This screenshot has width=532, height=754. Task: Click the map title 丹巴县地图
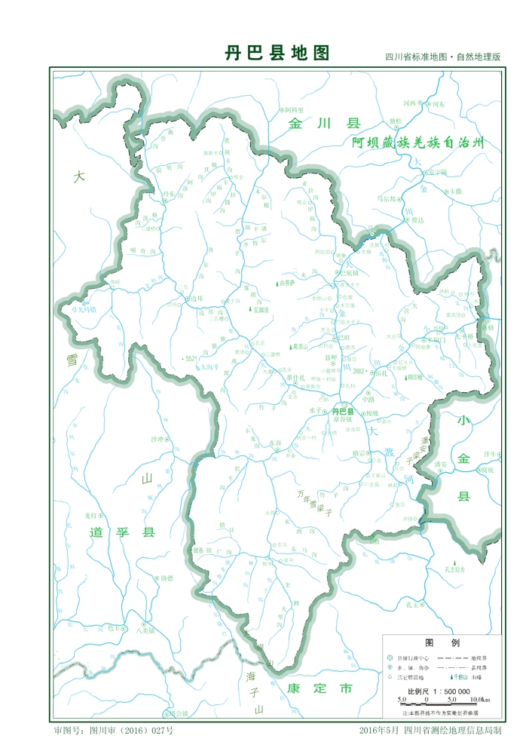click(x=277, y=54)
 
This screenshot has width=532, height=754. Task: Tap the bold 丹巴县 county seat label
click(x=343, y=411)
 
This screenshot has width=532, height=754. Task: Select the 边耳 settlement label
click(x=197, y=298)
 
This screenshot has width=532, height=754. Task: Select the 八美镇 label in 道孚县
click(x=145, y=631)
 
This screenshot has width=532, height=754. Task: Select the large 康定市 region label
click(x=320, y=688)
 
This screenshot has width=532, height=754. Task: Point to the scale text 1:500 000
click(x=450, y=691)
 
